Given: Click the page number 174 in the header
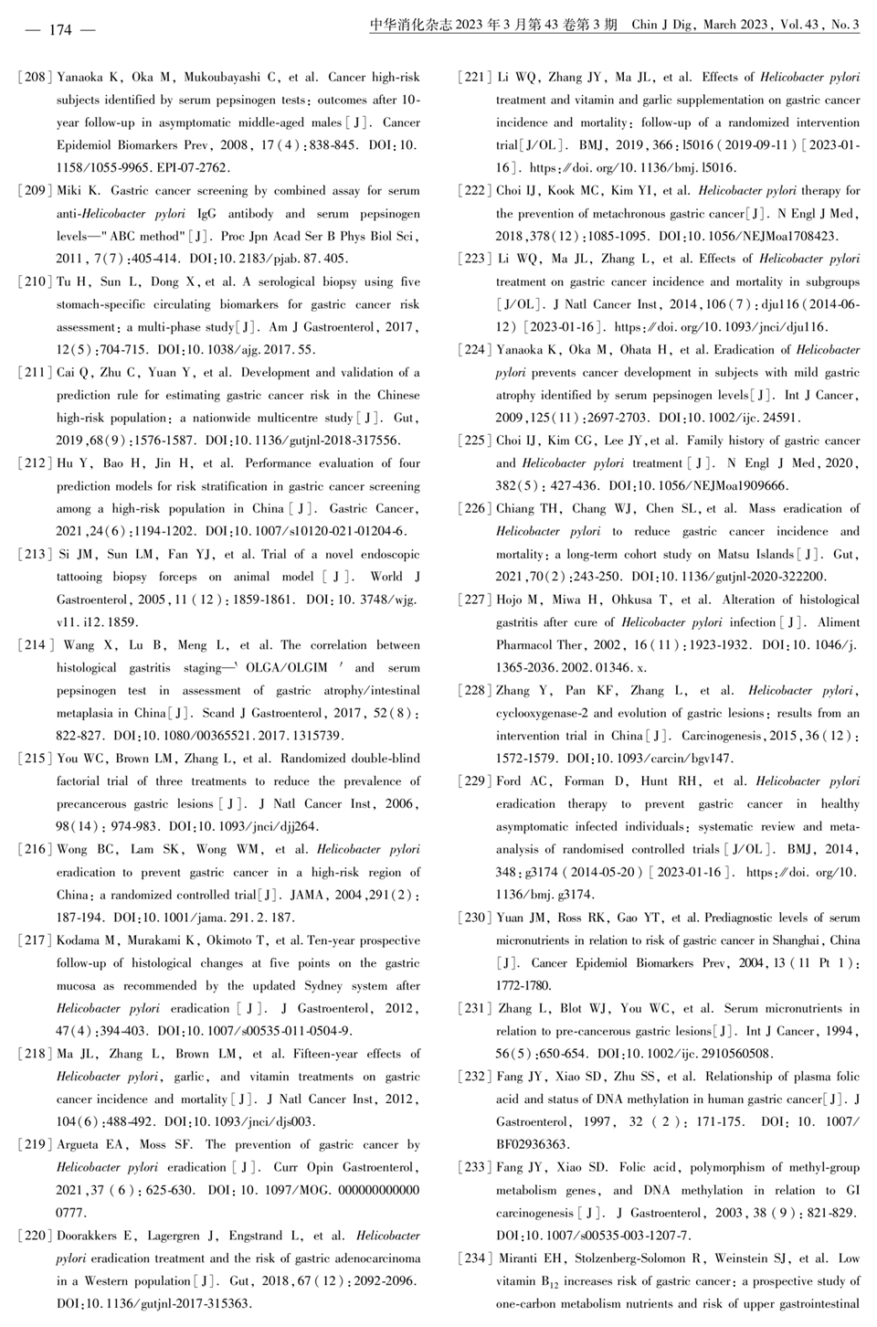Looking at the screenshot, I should click(59, 29).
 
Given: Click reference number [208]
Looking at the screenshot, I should click(35, 77).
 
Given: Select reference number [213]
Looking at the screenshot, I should click(35, 554).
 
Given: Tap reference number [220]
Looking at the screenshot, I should click(35, 1236).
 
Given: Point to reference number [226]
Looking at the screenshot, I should click(474, 509).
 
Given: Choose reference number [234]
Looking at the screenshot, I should click(474, 1258).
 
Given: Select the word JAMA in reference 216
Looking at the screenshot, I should click(306, 895).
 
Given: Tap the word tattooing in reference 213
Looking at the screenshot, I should click(81, 577).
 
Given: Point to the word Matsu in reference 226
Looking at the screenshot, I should click(701, 554).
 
